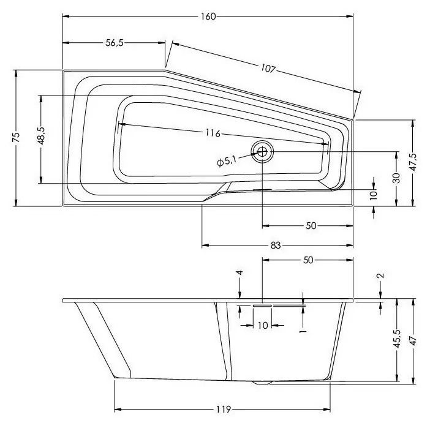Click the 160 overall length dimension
pos(208,17)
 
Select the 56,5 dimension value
pos(115,43)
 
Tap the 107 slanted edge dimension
pos(268,68)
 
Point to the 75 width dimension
pos(16,137)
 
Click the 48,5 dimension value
pos(41,135)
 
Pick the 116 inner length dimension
pos(213,133)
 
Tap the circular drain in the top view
pos(262,151)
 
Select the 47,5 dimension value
pos(413,162)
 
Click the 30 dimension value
pos(396,178)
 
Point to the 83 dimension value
pos(276,245)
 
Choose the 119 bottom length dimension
pos(223,410)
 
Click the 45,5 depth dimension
pos(398,339)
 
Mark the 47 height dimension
pos(413,340)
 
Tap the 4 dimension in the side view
pos(240,272)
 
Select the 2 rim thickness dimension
pos(381,275)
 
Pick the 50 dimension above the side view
pos(308,260)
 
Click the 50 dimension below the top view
pos(311,226)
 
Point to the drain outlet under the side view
pos(263,383)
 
